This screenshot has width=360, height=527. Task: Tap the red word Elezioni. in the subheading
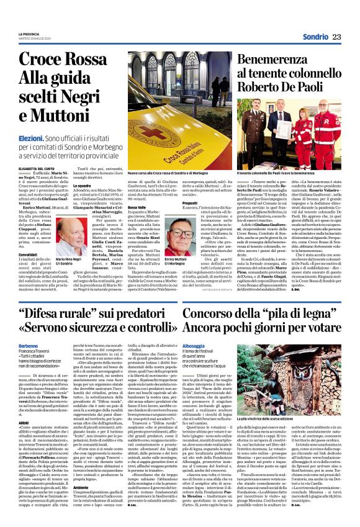(30, 142)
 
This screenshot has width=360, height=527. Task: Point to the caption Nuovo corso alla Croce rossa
(171, 173)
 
